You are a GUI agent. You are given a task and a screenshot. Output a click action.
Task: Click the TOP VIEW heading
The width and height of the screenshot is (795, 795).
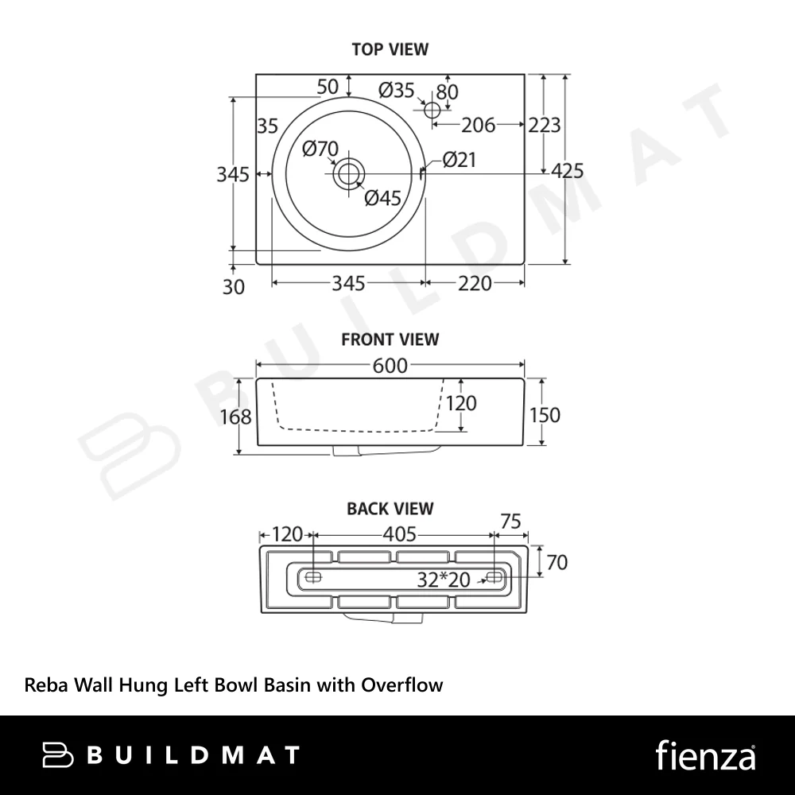pos(390,49)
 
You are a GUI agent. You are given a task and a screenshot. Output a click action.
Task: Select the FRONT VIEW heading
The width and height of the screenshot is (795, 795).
pos(390,339)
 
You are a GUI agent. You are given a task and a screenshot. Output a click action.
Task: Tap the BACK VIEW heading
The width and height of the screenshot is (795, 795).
pos(390,509)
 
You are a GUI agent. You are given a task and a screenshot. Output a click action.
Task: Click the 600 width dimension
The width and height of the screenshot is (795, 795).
pos(390,366)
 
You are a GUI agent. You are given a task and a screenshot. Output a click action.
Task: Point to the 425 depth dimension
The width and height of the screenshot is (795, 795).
pos(568,171)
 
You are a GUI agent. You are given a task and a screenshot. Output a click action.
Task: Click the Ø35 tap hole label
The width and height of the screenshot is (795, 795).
pos(397,91)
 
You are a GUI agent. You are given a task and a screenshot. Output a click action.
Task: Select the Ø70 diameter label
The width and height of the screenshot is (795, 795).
pos(320,149)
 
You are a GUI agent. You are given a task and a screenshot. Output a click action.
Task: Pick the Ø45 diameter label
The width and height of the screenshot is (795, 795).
pos(383,198)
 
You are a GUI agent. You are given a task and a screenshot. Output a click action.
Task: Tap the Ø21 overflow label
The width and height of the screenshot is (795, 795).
pos(460,160)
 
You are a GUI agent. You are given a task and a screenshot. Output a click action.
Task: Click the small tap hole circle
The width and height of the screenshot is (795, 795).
pos(432,110)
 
